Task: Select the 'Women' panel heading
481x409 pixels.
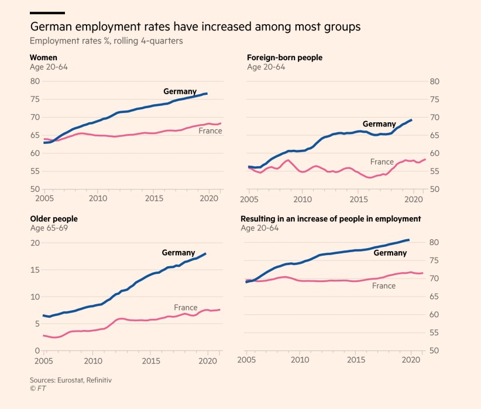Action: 44,57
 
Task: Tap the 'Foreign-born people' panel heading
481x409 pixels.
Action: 284,57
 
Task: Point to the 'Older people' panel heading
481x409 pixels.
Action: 54,219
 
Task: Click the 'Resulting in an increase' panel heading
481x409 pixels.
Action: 331,219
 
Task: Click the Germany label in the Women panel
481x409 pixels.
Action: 180,91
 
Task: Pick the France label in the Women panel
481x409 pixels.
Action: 210,130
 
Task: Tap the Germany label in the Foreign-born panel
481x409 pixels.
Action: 379,124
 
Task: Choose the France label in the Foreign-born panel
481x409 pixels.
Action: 382,161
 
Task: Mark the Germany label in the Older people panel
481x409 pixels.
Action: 178,252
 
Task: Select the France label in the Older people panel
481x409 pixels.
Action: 185,308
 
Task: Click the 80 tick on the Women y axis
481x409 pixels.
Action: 35,81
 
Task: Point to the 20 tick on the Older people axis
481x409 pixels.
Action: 35,243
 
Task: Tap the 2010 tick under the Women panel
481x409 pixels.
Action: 98,199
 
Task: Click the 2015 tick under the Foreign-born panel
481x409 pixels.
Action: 356,199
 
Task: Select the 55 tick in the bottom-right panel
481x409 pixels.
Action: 434,333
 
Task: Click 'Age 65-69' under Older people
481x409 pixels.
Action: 49,228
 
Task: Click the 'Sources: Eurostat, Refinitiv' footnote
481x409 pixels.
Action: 71,380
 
